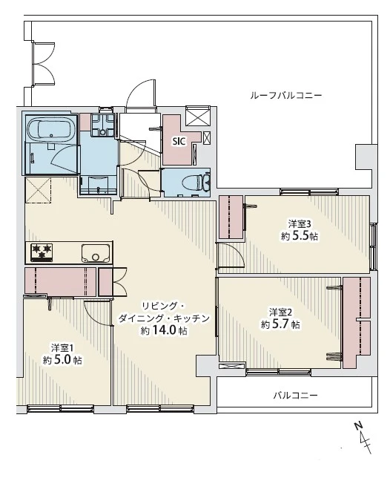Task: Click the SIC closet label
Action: point(179,140)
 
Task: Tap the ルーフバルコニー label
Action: point(285,96)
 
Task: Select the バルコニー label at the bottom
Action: point(294,396)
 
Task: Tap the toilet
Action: point(197,180)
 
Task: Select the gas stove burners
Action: point(42,252)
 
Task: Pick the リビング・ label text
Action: point(164,305)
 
